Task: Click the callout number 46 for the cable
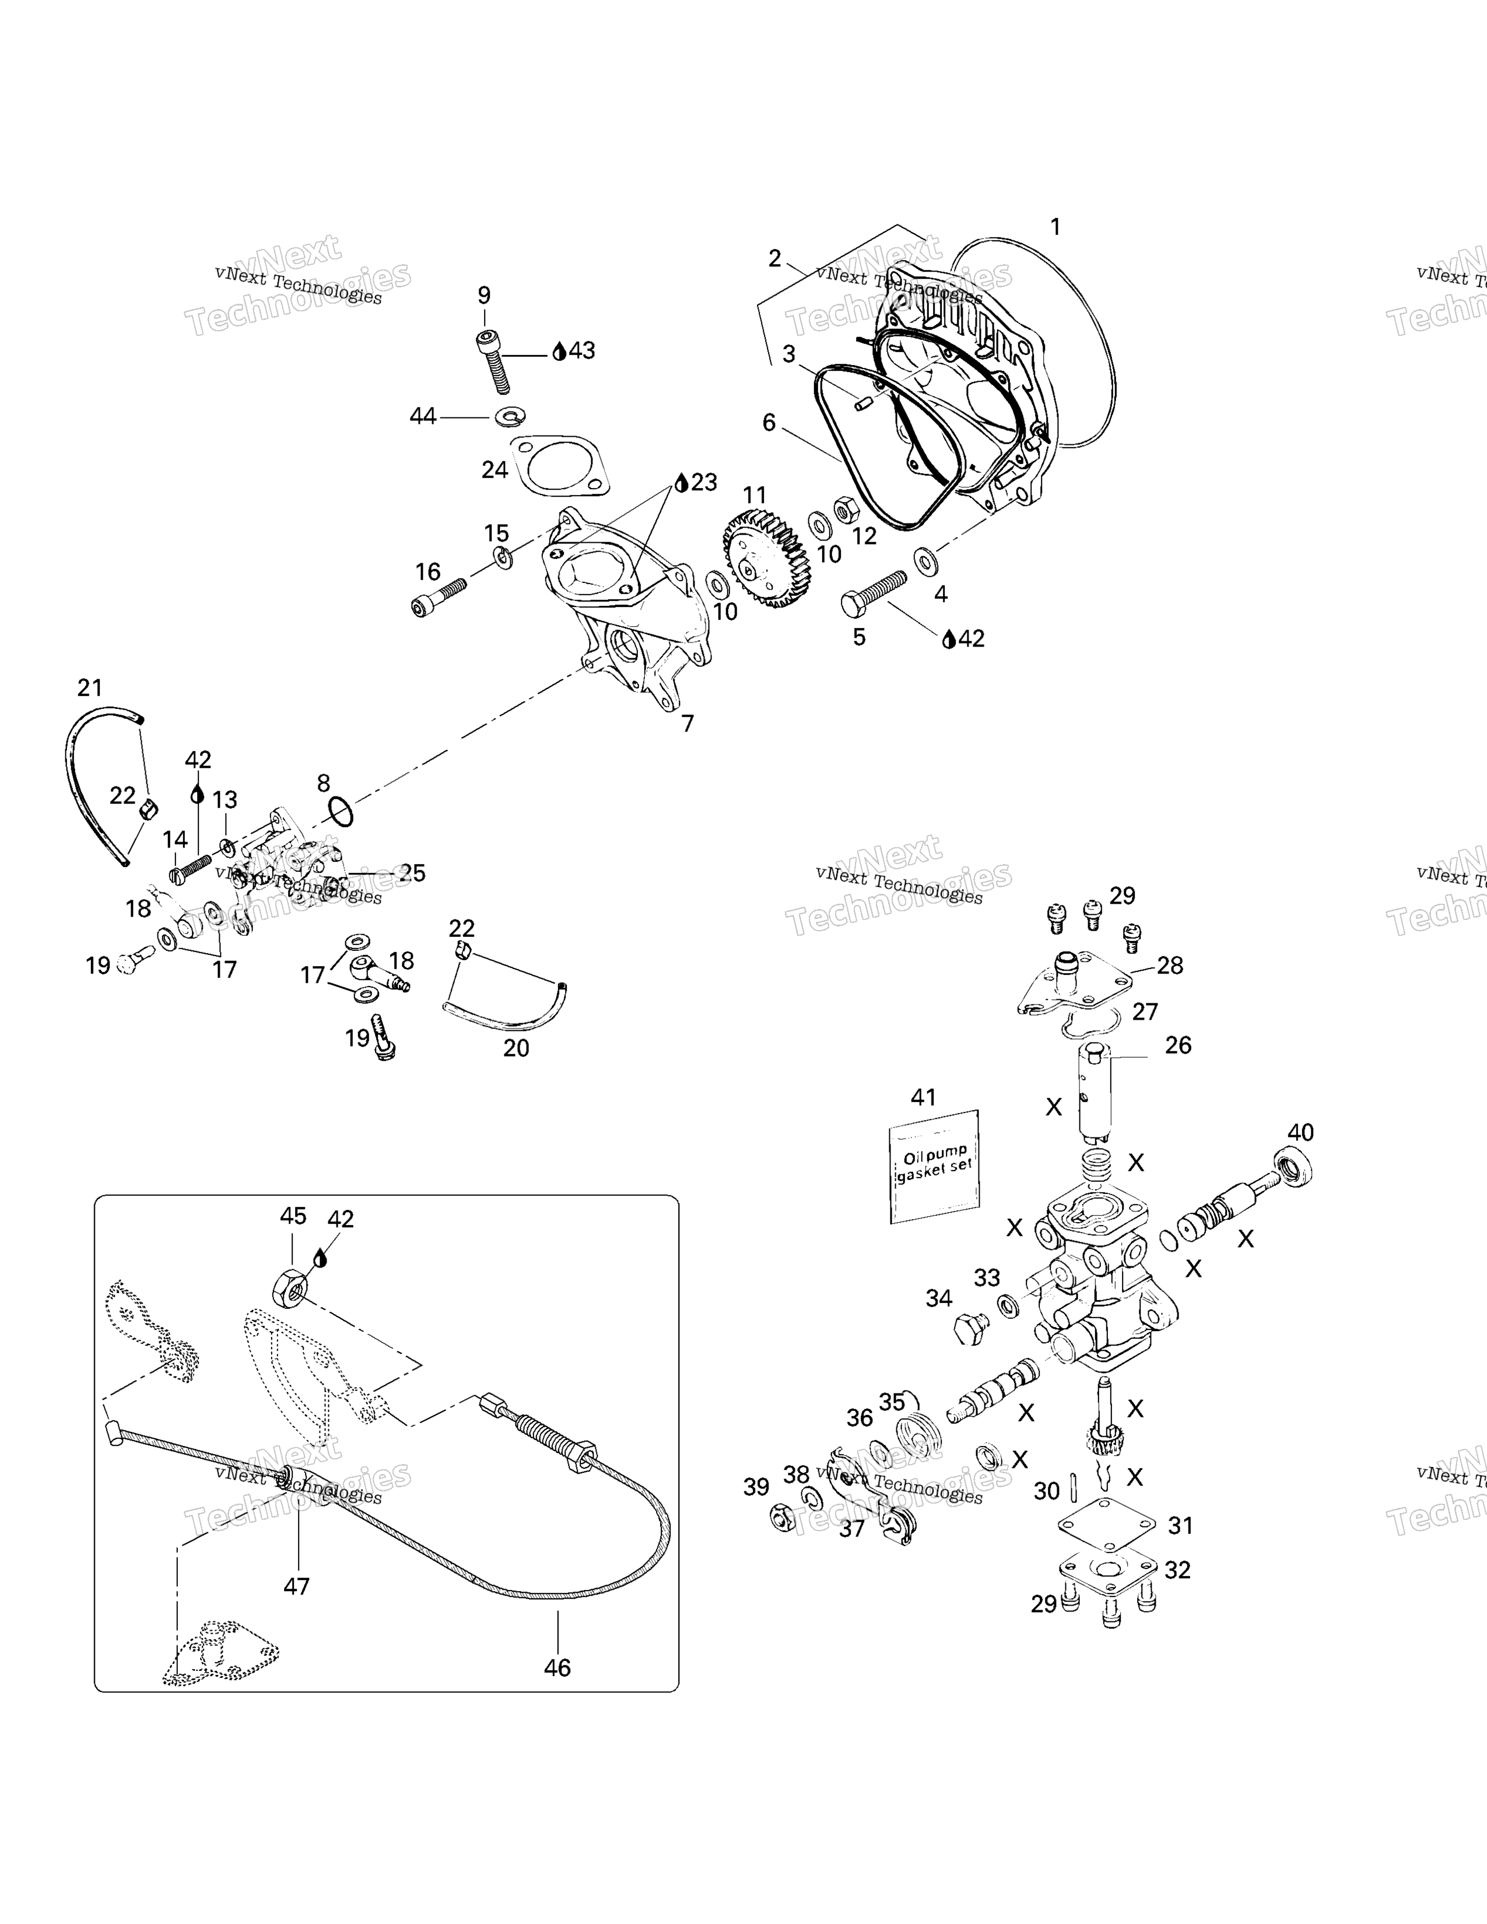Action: click(557, 1667)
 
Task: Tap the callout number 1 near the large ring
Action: click(1055, 227)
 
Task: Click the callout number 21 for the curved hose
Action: click(90, 687)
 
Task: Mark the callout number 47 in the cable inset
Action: click(296, 1586)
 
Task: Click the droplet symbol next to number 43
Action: click(559, 352)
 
